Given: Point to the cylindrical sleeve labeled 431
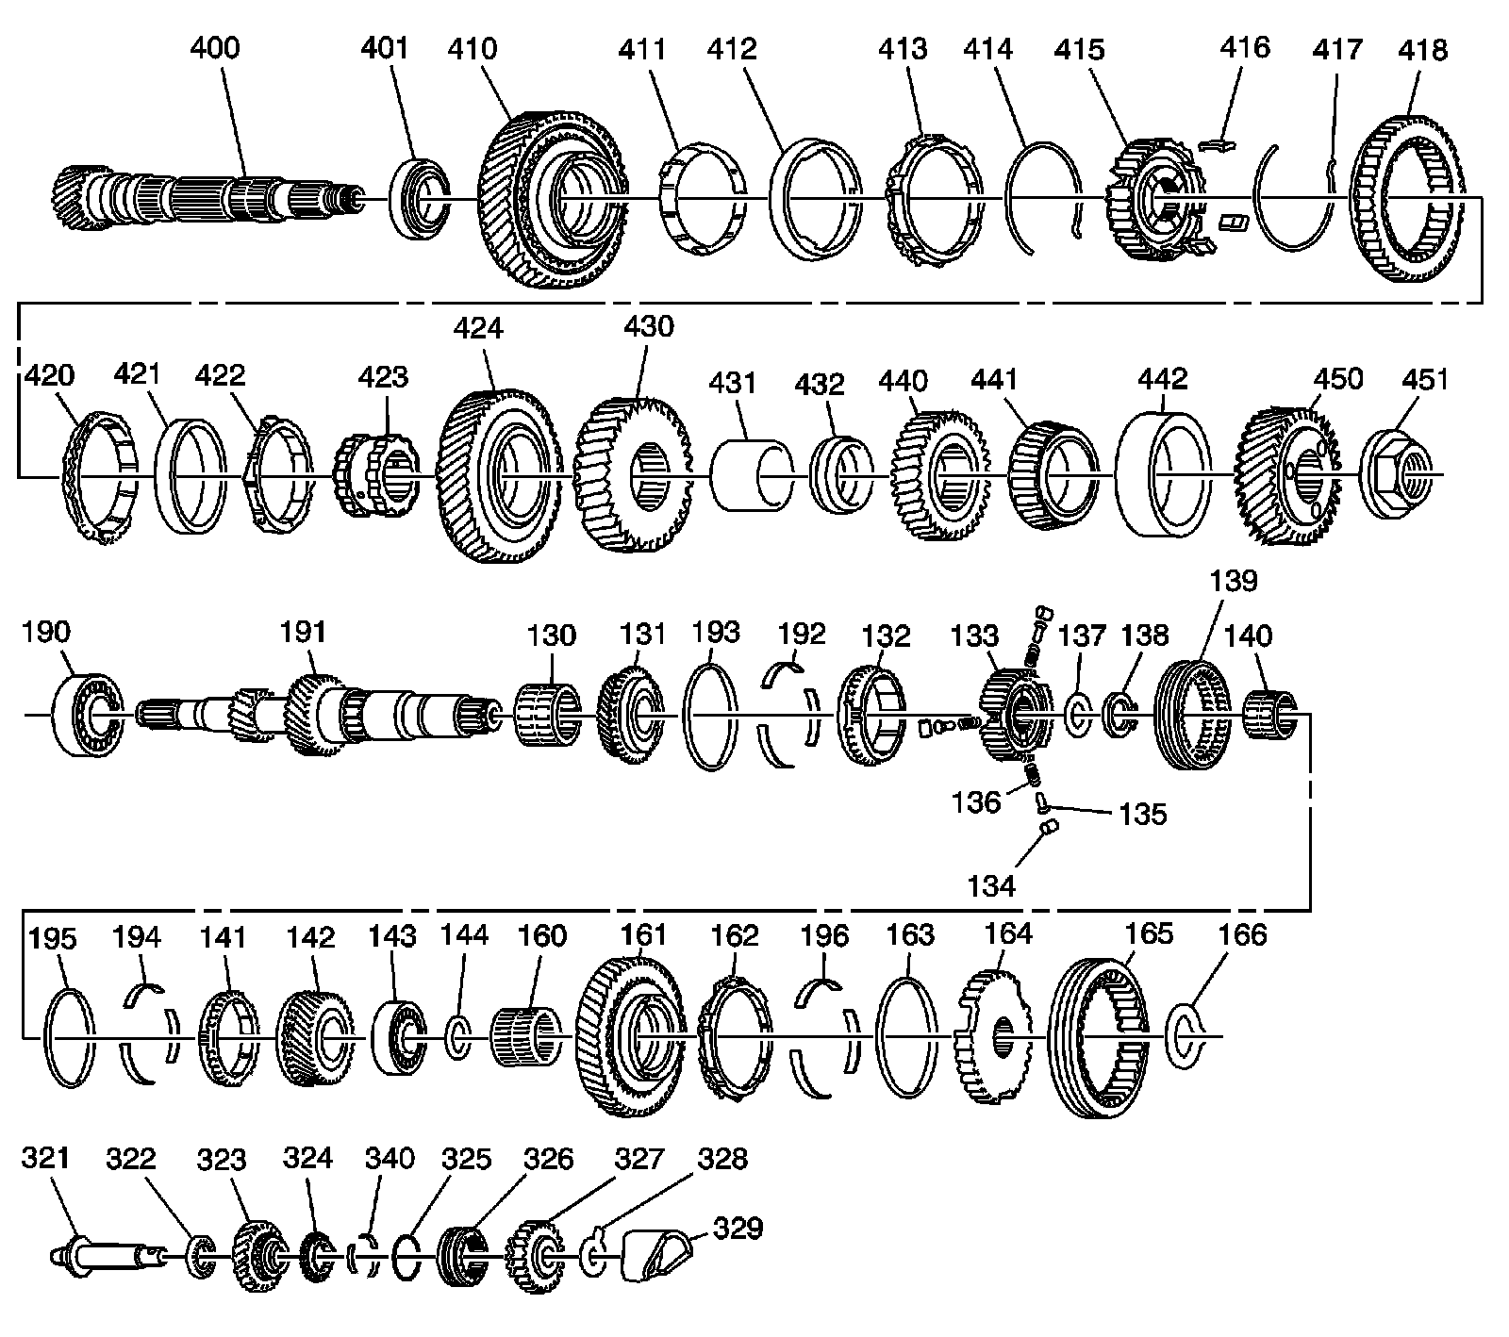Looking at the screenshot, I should pyautogui.click(x=750, y=474).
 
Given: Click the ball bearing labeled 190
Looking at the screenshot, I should pyautogui.click(x=86, y=714).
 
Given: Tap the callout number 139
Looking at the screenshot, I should pyautogui.click(x=1234, y=581).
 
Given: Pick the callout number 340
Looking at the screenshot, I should pyautogui.click(x=388, y=1158).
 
